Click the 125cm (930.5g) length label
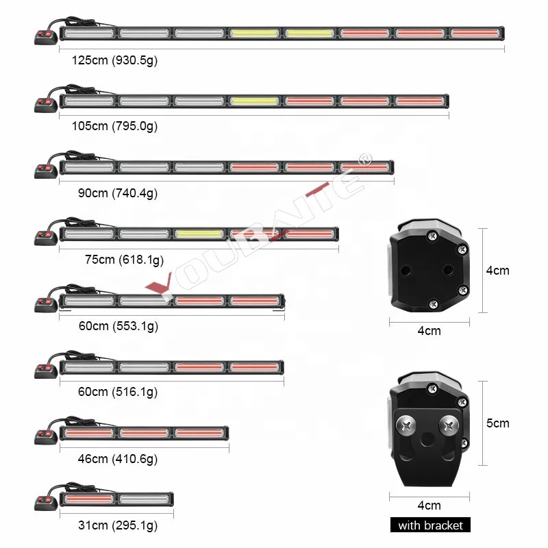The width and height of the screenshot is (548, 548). point(115,60)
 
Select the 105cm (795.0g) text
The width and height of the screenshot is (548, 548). point(114,126)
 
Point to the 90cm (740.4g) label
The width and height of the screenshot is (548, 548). point(117,193)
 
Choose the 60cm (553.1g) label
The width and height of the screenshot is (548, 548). point(118,326)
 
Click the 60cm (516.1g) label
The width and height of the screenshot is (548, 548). point(118,392)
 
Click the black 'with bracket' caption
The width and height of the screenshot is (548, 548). point(431,525)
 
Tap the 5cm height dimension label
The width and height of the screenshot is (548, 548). point(498,423)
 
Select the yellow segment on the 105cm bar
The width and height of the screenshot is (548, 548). point(254,101)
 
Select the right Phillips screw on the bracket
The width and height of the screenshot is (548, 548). point(450,424)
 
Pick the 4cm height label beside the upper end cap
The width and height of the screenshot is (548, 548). point(498,271)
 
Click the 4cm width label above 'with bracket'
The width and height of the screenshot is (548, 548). point(429,506)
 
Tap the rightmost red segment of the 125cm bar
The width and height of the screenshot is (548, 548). point(475,33)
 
